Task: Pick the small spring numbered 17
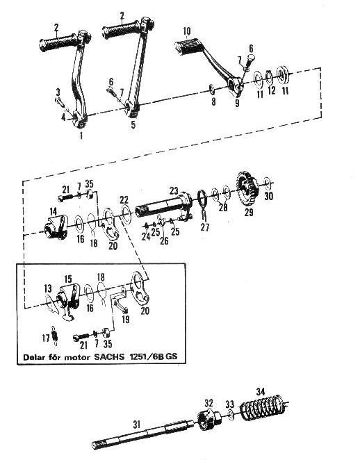tap(55, 335)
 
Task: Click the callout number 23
tap(174, 191)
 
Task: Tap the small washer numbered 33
tap(231, 415)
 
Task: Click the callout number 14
tap(53, 211)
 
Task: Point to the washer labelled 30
tap(268, 183)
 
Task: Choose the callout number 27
tap(205, 227)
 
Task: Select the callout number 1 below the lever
tap(81, 135)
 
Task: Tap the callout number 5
tap(133, 125)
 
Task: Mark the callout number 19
tap(126, 319)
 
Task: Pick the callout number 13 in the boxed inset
tap(48, 288)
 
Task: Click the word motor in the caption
tap(78, 357)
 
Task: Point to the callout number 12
tap(272, 90)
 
